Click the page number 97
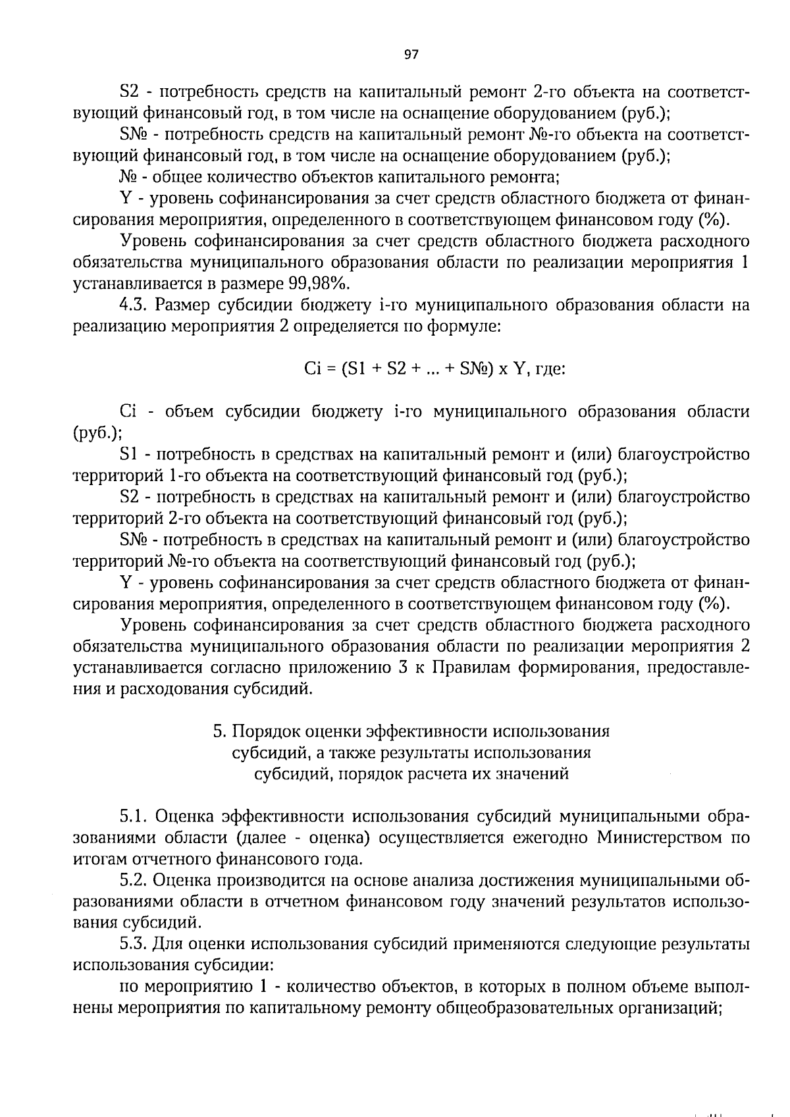(x=411, y=55)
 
